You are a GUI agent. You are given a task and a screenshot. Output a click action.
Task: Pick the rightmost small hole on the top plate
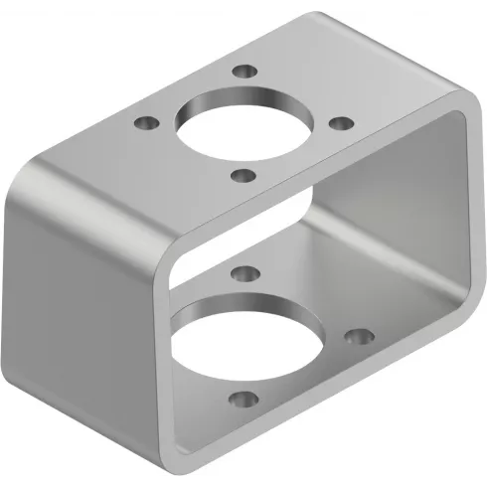point(340,123)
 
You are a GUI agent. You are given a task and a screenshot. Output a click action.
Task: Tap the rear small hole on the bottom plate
point(242,270)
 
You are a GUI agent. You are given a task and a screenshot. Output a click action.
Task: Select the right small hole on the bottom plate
point(355,337)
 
